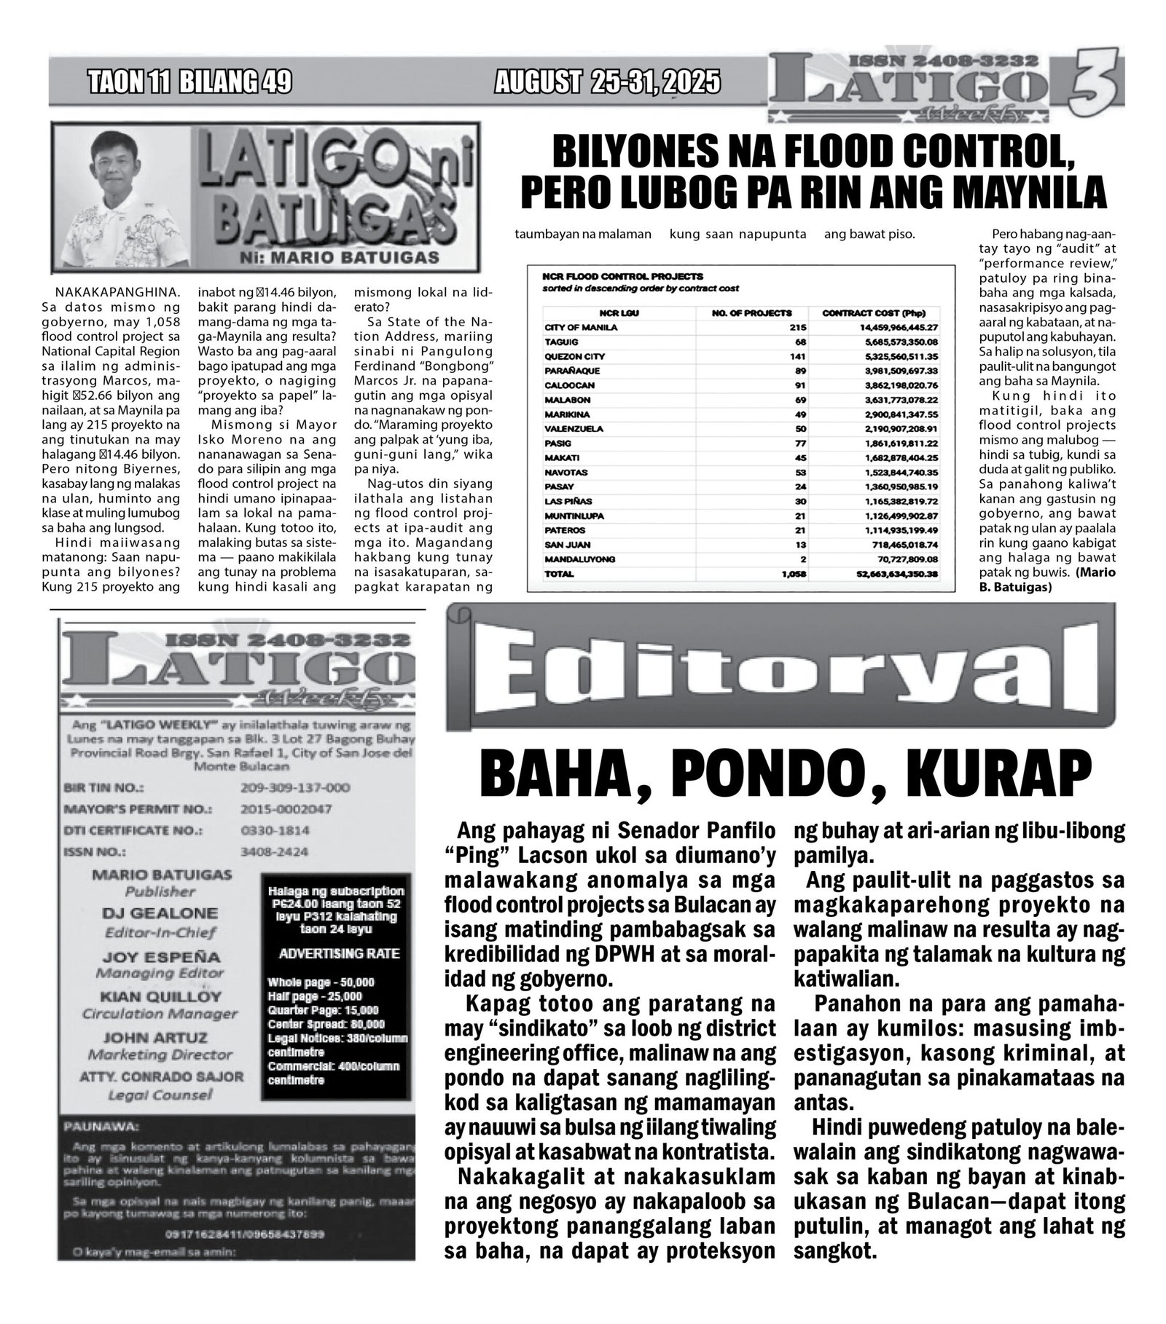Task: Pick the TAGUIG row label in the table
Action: [560, 342]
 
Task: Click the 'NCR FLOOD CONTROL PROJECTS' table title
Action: [622, 276]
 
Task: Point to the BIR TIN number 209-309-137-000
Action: [294, 787]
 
